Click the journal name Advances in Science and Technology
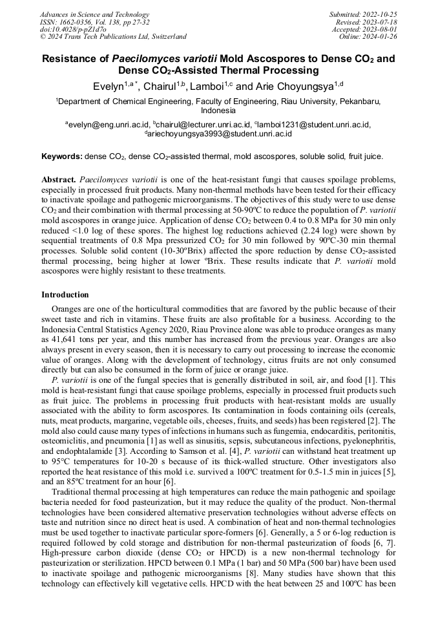pyautogui.click(x=94, y=14)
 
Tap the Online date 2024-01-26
pyautogui.click(x=381, y=37)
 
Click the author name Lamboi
pyautogui.click(x=209, y=86)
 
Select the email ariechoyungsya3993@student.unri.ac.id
pyautogui.click(x=220, y=134)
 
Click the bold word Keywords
pyautogui.click(x=61, y=156)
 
